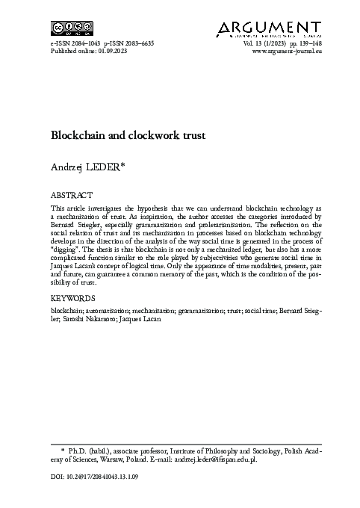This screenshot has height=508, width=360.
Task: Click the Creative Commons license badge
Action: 65,28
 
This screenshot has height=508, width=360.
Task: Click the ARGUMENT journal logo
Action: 270,28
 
